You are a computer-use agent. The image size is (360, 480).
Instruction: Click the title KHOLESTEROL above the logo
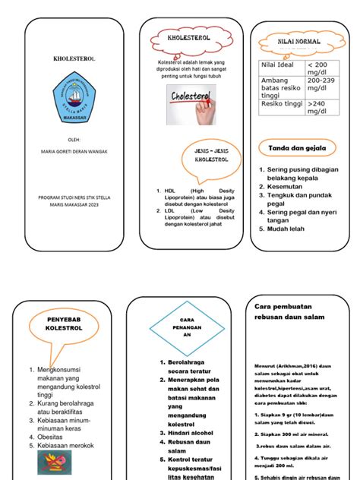74,57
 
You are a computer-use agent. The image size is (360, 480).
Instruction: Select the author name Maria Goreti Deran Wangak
74,151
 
